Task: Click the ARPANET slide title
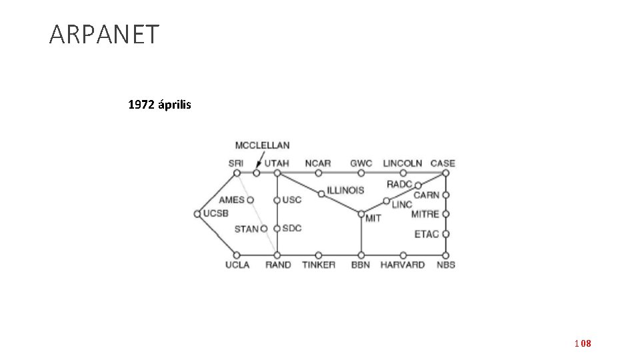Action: pyautogui.click(x=104, y=35)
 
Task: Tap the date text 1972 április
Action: pyautogui.click(x=159, y=105)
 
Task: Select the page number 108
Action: pyautogui.click(x=583, y=343)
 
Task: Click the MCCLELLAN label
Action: pyautogui.click(x=262, y=145)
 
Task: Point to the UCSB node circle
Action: pyautogui.click(x=197, y=214)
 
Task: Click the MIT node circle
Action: pyautogui.click(x=361, y=214)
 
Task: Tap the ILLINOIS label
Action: pyautogui.click(x=345, y=190)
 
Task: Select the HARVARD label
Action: pyautogui.click(x=402, y=265)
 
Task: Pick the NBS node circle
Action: pyautogui.click(x=445, y=255)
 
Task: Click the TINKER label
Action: pyautogui.click(x=319, y=265)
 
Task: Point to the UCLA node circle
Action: pyautogui.click(x=237, y=255)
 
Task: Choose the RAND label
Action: pyautogui.click(x=278, y=265)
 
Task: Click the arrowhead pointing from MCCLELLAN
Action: pyautogui.click(x=257, y=165)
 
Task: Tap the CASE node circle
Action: pyautogui.click(x=445, y=173)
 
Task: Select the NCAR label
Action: pyautogui.click(x=318, y=163)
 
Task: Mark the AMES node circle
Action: pyautogui.click(x=250, y=200)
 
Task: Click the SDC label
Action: pyautogui.click(x=292, y=228)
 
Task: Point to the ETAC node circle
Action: pyautogui.click(x=445, y=234)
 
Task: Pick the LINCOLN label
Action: pyautogui.click(x=402, y=163)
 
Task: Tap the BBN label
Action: pyautogui.click(x=361, y=265)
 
